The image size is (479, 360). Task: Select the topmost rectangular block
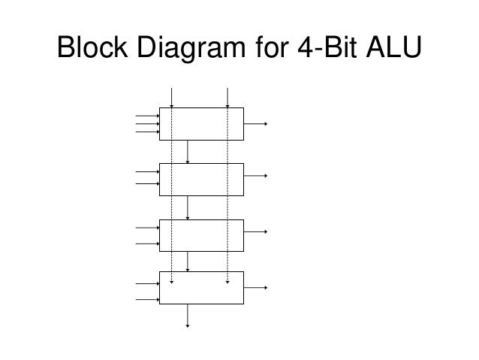(x=201, y=124)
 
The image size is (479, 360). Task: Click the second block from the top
(x=201, y=179)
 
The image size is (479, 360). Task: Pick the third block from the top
(x=201, y=234)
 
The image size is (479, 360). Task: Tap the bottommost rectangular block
(x=201, y=288)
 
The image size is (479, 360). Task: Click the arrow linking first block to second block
(x=188, y=151)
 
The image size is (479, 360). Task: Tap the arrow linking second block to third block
(x=188, y=207)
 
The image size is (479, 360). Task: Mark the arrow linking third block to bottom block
(x=188, y=261)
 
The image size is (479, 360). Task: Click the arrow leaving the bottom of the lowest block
(x=188, y=316)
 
